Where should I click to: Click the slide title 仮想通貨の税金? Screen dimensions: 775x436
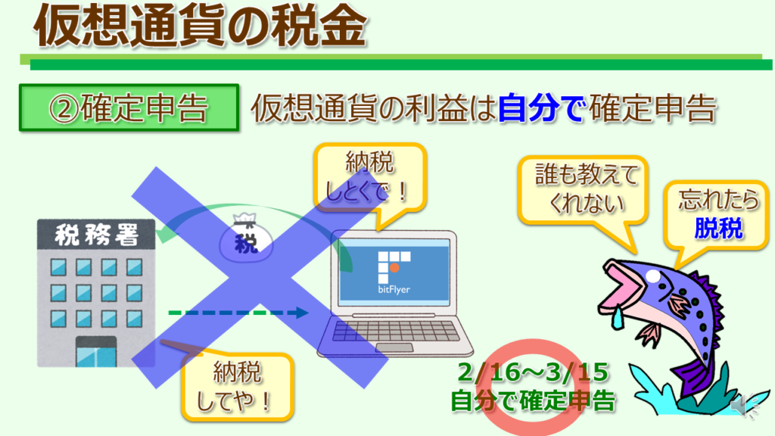(x=200, y=26)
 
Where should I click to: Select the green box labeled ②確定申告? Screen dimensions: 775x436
(x=129, y=107)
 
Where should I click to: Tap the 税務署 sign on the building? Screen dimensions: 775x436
(x=96, y=235)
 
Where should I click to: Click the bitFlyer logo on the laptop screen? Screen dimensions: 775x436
(x=394, y=272)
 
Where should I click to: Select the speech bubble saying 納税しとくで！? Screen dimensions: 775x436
(x=369, y=179)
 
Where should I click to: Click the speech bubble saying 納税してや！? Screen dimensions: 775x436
(x=237, y=387)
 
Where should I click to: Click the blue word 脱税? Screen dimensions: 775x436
(x=718, y=229)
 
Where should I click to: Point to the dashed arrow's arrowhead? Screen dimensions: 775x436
(x=300, y=313)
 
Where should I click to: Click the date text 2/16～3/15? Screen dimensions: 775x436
(x=533, y=372)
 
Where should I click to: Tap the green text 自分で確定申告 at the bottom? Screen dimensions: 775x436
(x=533, y=400)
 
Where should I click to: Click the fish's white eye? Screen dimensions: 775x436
(x=653, y=276)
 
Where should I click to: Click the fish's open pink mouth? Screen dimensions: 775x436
(x=620, y=287)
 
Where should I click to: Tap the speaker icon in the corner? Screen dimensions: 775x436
(x=745, y=406)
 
